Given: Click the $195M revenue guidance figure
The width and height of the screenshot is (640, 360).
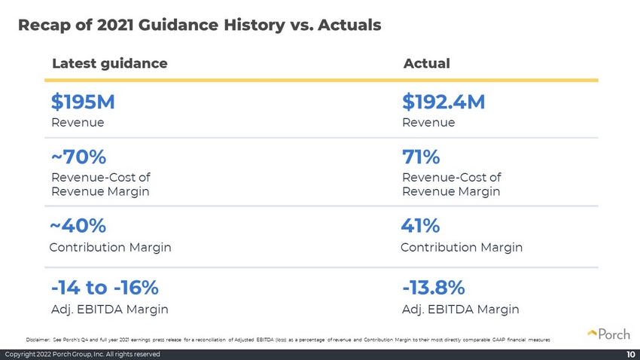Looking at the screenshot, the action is coord(83,102).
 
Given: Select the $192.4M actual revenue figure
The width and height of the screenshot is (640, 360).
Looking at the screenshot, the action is coord(443,102).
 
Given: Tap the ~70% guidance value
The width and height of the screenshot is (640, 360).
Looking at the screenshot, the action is coord(79,157).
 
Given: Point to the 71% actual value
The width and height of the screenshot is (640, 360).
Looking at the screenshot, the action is coord(421,157).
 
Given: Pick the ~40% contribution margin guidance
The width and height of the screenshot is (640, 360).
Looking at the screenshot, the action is coord(78,226).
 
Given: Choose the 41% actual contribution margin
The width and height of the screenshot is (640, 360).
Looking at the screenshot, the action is coord(420,226).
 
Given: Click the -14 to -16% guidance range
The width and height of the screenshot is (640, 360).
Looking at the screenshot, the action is coord(105,288).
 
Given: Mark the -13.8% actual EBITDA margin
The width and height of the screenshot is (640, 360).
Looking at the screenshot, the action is coord(434,288).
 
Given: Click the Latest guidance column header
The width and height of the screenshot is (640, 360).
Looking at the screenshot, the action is coord(110,64).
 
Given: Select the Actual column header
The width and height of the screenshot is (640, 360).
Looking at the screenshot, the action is coord(426,63).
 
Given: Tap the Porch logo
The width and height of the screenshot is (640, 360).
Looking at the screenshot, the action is coord(608,334).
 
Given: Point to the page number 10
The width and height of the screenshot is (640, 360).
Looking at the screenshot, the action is coord(631,354).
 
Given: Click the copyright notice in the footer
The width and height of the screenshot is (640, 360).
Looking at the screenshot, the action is coord(83,354).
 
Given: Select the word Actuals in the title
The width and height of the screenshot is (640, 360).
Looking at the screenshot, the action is coord(349,25).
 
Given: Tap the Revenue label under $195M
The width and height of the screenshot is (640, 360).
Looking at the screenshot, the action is coord(78,123).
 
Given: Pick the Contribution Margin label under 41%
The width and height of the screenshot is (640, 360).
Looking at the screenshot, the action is coord(462,247).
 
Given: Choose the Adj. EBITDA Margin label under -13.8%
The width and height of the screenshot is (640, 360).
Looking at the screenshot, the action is coord(460,310).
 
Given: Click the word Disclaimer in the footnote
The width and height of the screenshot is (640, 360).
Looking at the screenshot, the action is coord(38,340).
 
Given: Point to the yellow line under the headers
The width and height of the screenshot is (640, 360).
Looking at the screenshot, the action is coord(322,81).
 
